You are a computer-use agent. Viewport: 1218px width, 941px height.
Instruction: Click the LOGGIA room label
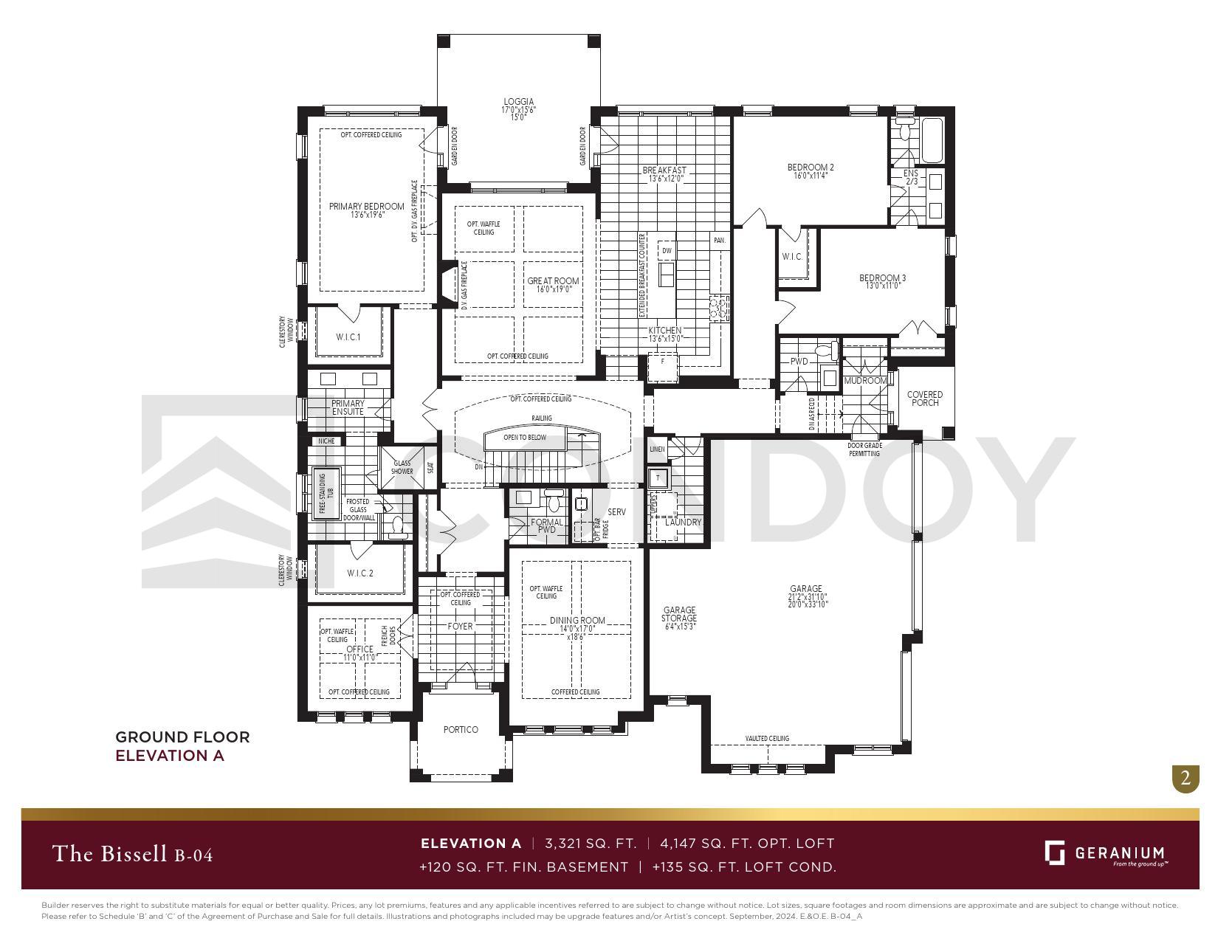pyautogui.click(x=518, y=102)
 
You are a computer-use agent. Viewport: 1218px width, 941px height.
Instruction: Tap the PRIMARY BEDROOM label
pyautogui.click(x=366, y=207)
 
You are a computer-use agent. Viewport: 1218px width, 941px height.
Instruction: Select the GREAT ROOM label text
pyautogui.click(x=553, y=281)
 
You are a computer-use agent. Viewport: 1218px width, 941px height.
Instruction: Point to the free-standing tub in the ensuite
pyautogui.click(x=326, y=494)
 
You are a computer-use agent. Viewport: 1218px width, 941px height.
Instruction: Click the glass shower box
pyautogui.click(x=402, y=467)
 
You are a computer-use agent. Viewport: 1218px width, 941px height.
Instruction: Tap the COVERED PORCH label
pyautogui.click(x=924, y=399)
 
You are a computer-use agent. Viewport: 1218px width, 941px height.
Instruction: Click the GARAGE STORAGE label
pyautogui.click(x=678, y=615)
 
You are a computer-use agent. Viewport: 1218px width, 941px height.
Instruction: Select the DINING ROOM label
pyautogui.click(x=577, y=621)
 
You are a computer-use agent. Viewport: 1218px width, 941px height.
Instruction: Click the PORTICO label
pyautogui.click(x=461, y=730)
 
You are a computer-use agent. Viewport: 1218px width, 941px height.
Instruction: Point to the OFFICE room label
pyautogui.click(x=359, y=649)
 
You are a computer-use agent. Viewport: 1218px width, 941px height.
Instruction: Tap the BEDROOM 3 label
pyautogui.click(x=882, y=278)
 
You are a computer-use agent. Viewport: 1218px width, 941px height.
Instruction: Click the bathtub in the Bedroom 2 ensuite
pyautogui.click(x=931, y=140)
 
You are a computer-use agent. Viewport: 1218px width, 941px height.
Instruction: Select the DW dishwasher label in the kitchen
pyautogui.click(x=667, y=251)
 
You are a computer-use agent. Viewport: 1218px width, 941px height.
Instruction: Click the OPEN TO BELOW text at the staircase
pyautogui.click(x=525, y=438)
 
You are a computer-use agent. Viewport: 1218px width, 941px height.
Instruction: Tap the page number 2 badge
pyautogui.click(x=1186, y=778)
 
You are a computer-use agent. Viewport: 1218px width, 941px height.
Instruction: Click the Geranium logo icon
pyautogui.click(x=1054, y=852)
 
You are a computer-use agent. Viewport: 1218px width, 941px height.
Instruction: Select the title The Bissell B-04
pyautogui.click(x=133, y=855)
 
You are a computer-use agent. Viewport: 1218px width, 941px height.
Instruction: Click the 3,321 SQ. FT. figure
pyautogui.click(x=591, y=843)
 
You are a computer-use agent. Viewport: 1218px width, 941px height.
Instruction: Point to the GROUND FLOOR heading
pyautogui.click(x=182, y=737)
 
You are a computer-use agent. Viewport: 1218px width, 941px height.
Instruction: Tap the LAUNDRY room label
pyautogui.click(x=683, y=522)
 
